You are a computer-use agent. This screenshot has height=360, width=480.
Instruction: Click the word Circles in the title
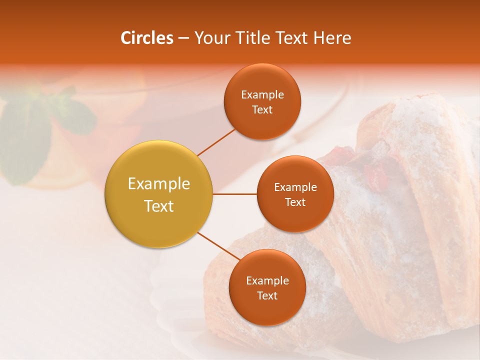click(x=146, y=38)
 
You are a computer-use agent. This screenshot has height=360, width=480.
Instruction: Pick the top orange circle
click(x=262, y=120)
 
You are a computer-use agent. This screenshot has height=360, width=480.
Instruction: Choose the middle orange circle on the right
click(x=295, y=215)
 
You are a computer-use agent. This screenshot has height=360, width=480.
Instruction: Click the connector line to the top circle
click(x=216, y=142)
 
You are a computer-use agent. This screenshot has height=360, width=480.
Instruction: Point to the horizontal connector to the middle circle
click(x=235, y=194)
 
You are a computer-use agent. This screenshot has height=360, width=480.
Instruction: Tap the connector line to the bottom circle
click(x=218, y=246)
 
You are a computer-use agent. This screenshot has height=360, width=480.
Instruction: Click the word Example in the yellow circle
click(x=159, y=183)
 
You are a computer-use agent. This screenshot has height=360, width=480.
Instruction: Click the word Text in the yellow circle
click(x=159, y=206)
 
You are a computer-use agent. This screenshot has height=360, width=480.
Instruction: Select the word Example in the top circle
click(x=262, y=94)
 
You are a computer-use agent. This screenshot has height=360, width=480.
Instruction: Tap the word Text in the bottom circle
click(x=267, y=295)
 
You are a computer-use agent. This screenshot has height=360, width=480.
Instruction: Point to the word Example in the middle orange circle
click(x=295, y=187)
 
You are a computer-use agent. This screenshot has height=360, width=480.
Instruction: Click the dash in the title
click(x=183, y=38)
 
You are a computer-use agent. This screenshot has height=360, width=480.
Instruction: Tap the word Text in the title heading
click(x=291, y=38)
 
